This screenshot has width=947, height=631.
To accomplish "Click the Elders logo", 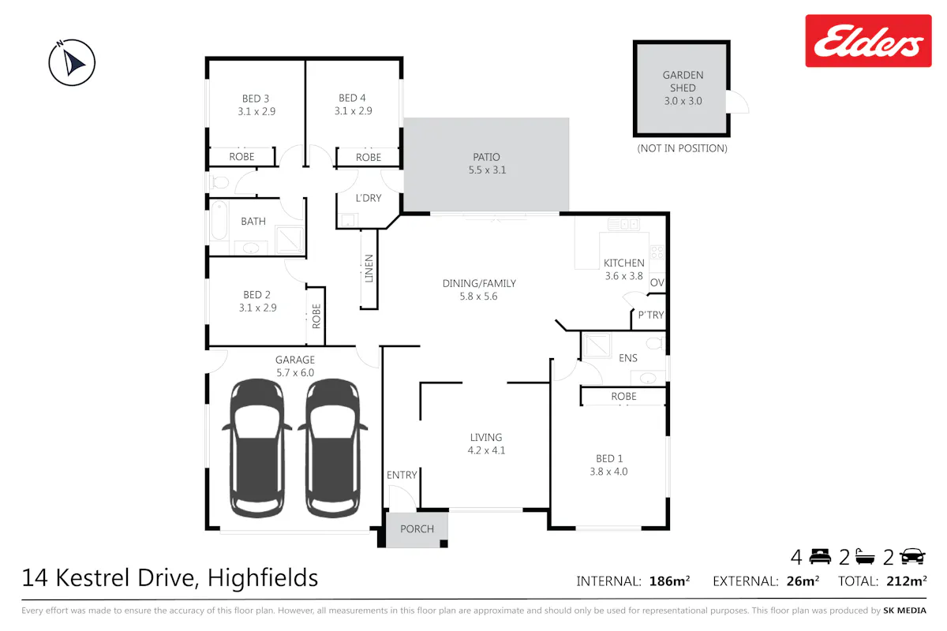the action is click(868, 40).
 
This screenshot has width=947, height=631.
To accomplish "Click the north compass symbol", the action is click(72, 62).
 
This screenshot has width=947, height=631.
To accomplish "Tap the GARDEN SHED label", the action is click(683, 81).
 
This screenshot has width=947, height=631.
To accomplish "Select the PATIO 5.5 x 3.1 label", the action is click(487, 163).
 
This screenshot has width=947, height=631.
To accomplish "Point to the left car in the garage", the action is click(257, 448).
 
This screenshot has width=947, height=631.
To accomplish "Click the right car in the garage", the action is click(333, 448).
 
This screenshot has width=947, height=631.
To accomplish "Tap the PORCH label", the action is click(417, 528).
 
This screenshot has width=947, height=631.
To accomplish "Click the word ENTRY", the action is click(402, 475).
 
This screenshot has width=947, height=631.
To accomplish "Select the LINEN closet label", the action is click(369, 268).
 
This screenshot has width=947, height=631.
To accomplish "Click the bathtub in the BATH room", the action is click(219, 220).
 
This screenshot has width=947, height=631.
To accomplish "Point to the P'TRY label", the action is click(650, 315).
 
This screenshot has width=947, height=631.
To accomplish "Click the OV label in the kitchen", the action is click(657, 282).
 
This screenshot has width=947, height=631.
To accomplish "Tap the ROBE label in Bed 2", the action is click(316, 316).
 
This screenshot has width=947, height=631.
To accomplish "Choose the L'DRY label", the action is click(369, 198).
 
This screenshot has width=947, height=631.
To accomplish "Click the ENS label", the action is click(628, 358).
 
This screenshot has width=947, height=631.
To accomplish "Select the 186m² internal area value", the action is click(670, 581).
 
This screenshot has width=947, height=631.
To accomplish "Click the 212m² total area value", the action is click(907, 581).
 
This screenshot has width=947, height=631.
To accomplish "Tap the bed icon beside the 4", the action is click(820, 556).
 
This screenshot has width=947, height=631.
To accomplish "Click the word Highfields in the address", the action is click(263, 577).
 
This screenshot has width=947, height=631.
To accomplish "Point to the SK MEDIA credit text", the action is click(904, 610).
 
